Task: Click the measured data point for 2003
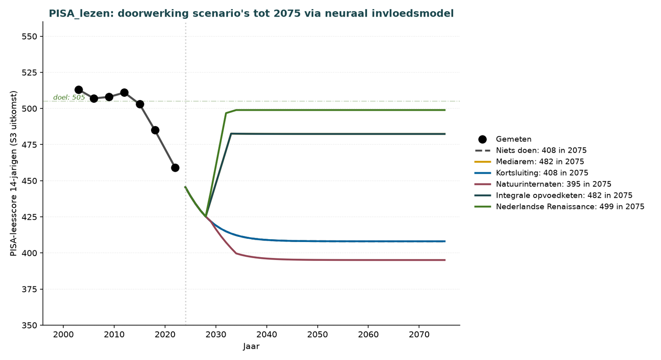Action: tap(78, 90)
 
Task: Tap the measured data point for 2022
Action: tap(175, 168)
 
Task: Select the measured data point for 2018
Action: tap(155, 130)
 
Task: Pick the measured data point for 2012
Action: tap(124, 92)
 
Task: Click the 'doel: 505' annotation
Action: tap(69, 97)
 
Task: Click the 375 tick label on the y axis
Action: tap(30, 289)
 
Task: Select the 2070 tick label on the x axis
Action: tap(419, 335)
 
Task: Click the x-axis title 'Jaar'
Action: tap(251, 346)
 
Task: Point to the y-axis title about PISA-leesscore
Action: tap(14, 173)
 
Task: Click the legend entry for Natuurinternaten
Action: tap(543, 184)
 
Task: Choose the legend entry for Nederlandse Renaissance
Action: tap(559, 207)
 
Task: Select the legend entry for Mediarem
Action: tap(529, 161)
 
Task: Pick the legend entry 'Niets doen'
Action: tap(531, 151)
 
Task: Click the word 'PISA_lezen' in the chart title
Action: tap(80, 14)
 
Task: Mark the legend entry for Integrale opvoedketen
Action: tap(553, 195)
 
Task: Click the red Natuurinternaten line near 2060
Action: tap(368, 260)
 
